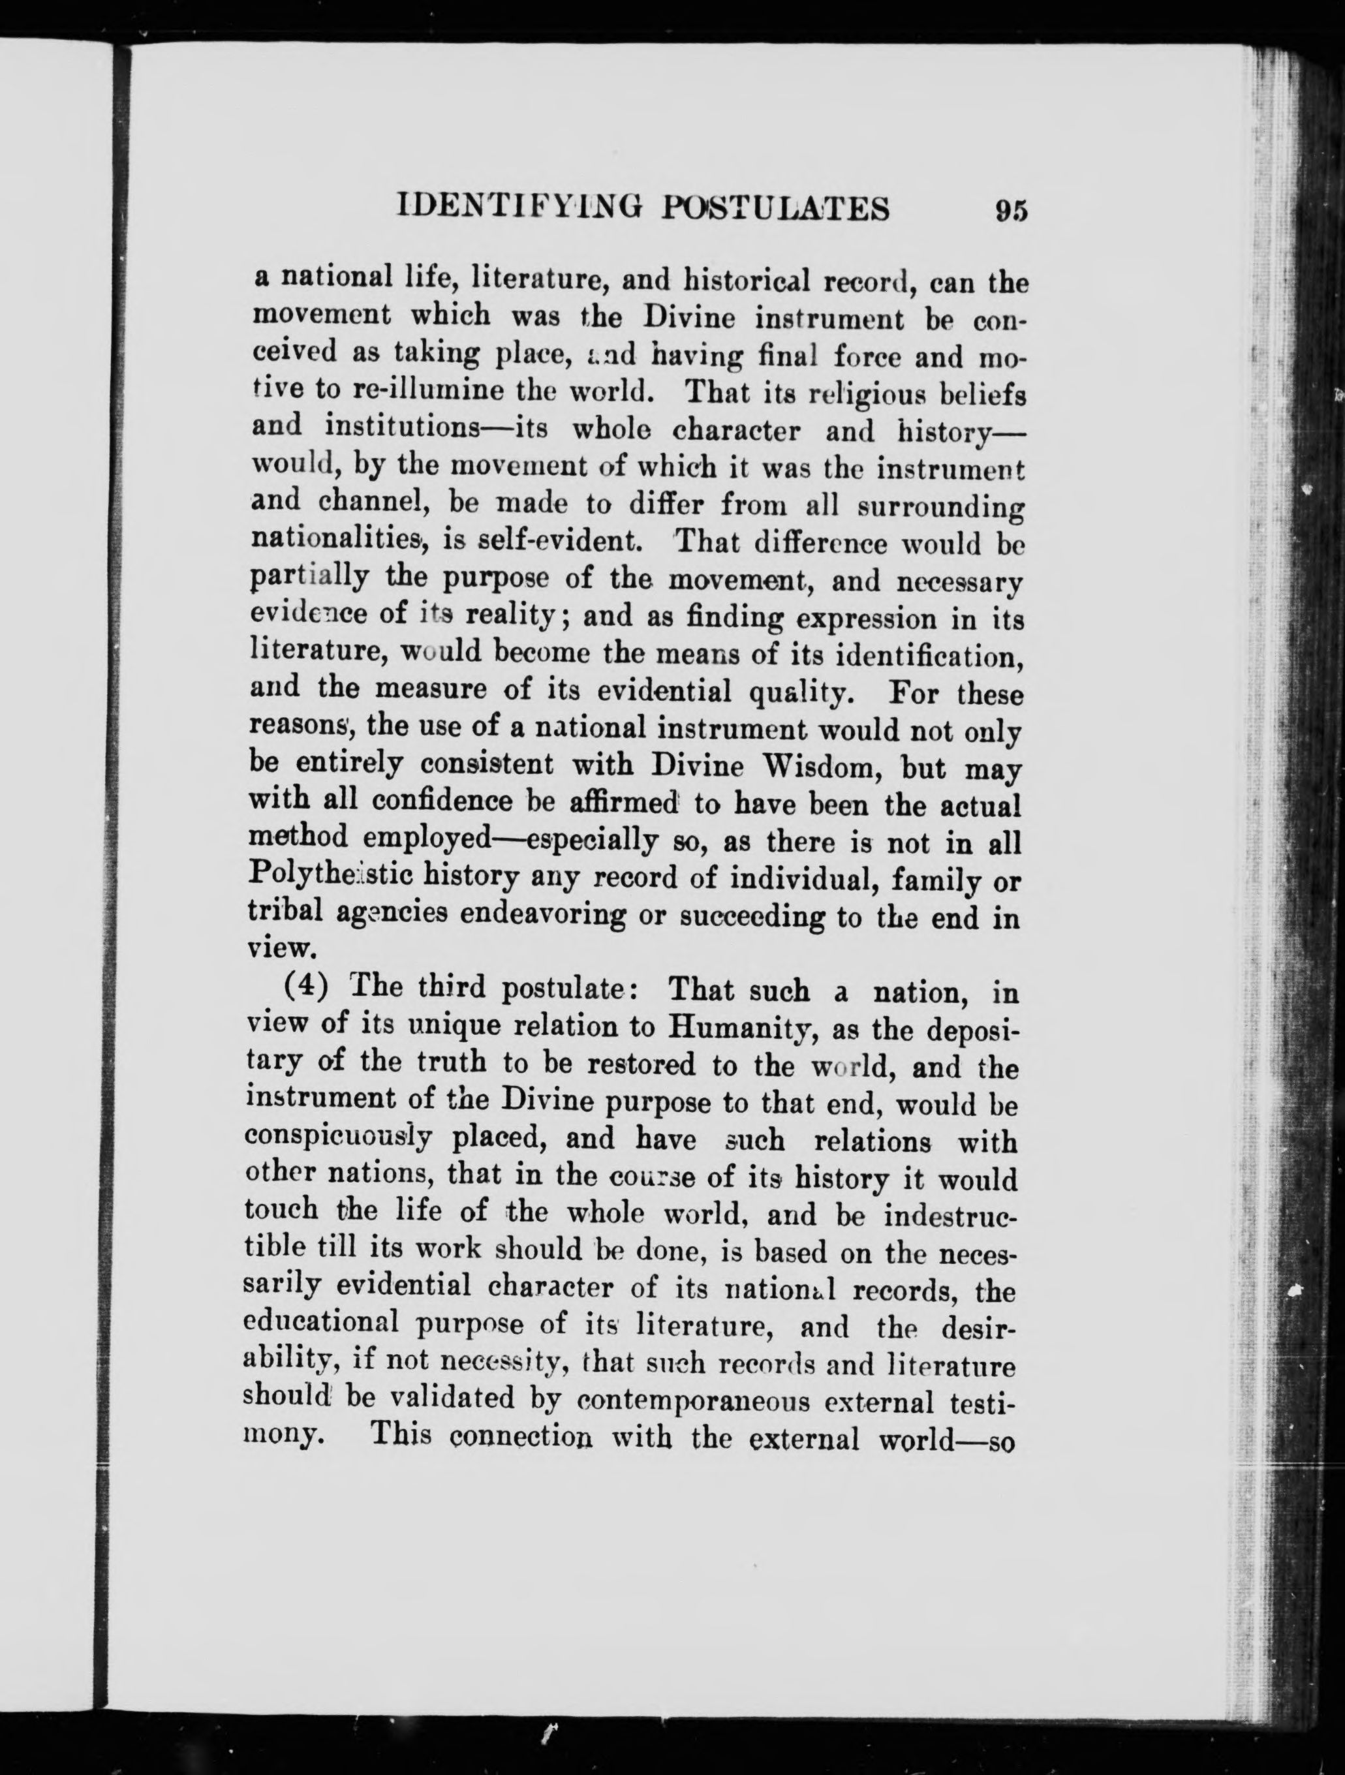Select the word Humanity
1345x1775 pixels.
758,1026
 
